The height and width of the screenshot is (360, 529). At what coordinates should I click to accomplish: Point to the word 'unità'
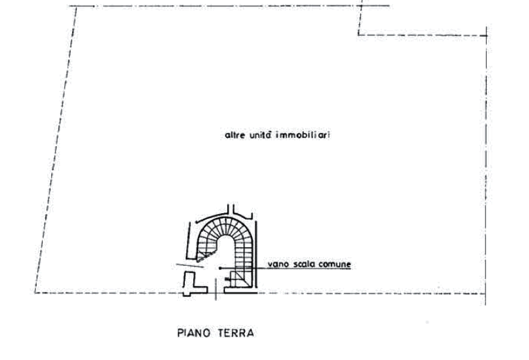261,135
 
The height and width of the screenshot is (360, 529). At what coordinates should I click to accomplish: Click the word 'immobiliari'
303,135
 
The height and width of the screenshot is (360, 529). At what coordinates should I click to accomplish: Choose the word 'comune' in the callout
334,264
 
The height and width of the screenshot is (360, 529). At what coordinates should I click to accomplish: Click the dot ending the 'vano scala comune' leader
220,268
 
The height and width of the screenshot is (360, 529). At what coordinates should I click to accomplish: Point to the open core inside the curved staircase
225,253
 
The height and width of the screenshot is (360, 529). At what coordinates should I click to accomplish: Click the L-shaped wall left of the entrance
194,283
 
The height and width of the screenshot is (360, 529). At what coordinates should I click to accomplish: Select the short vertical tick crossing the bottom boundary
216,289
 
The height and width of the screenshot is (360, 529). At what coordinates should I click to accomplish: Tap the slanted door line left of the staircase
190,266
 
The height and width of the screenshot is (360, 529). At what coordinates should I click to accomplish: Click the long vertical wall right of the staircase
256,254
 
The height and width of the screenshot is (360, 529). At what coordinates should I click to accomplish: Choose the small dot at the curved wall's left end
197,222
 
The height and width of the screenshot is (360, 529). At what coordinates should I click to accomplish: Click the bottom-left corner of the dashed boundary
35,293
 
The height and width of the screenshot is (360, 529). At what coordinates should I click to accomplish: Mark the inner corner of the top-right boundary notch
359,35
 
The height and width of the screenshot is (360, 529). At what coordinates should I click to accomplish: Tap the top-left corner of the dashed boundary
76,6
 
